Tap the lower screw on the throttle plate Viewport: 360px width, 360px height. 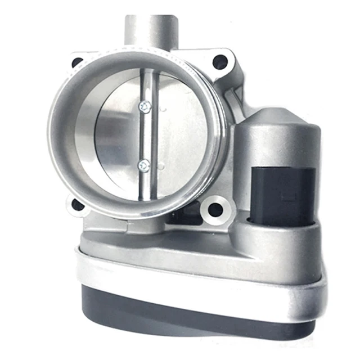145,164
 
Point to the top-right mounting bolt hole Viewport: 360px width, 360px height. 219,61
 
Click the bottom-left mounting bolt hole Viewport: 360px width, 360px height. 77,204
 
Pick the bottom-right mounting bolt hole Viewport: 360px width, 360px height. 215,210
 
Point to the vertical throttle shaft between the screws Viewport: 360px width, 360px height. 145,135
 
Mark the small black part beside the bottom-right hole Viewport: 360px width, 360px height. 191,212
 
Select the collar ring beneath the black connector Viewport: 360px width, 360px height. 281,231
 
